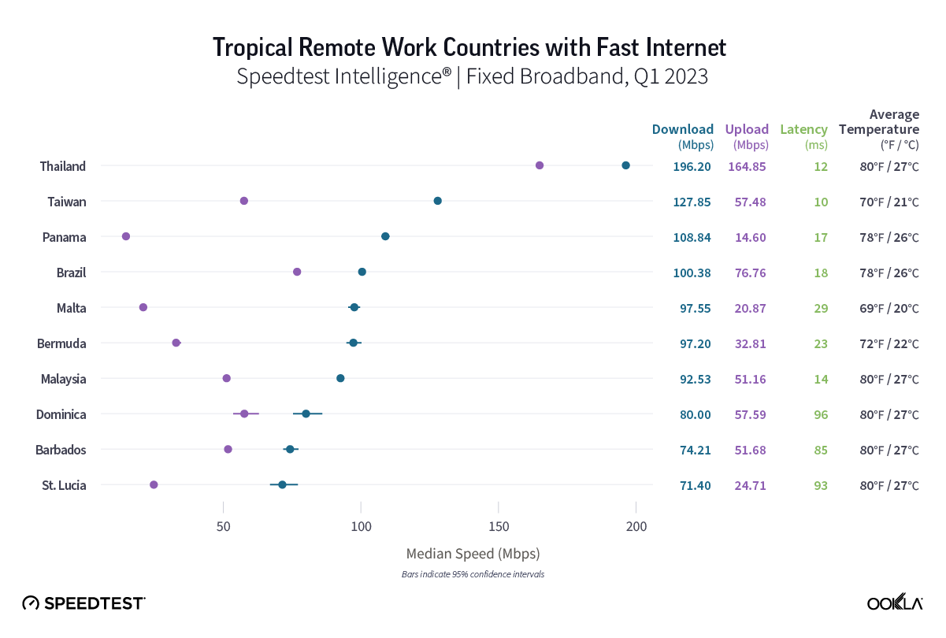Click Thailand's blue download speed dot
point(625,165)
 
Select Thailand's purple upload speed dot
point(540,165)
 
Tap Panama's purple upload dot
point(126,236)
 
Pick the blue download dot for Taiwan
point(437,201)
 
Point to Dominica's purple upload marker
point(244,414)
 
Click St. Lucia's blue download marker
point(282,484)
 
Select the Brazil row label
point(71,273)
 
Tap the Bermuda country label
point(61,343)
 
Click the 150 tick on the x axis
point(499,526)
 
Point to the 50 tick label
point(224,526)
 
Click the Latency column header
point(803,130)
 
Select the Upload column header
point(747,130)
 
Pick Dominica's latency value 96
point(821,414)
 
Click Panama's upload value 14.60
point(750,237)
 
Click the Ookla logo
point(895,603)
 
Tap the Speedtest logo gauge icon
point(31,603)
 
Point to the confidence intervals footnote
point(473,574)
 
